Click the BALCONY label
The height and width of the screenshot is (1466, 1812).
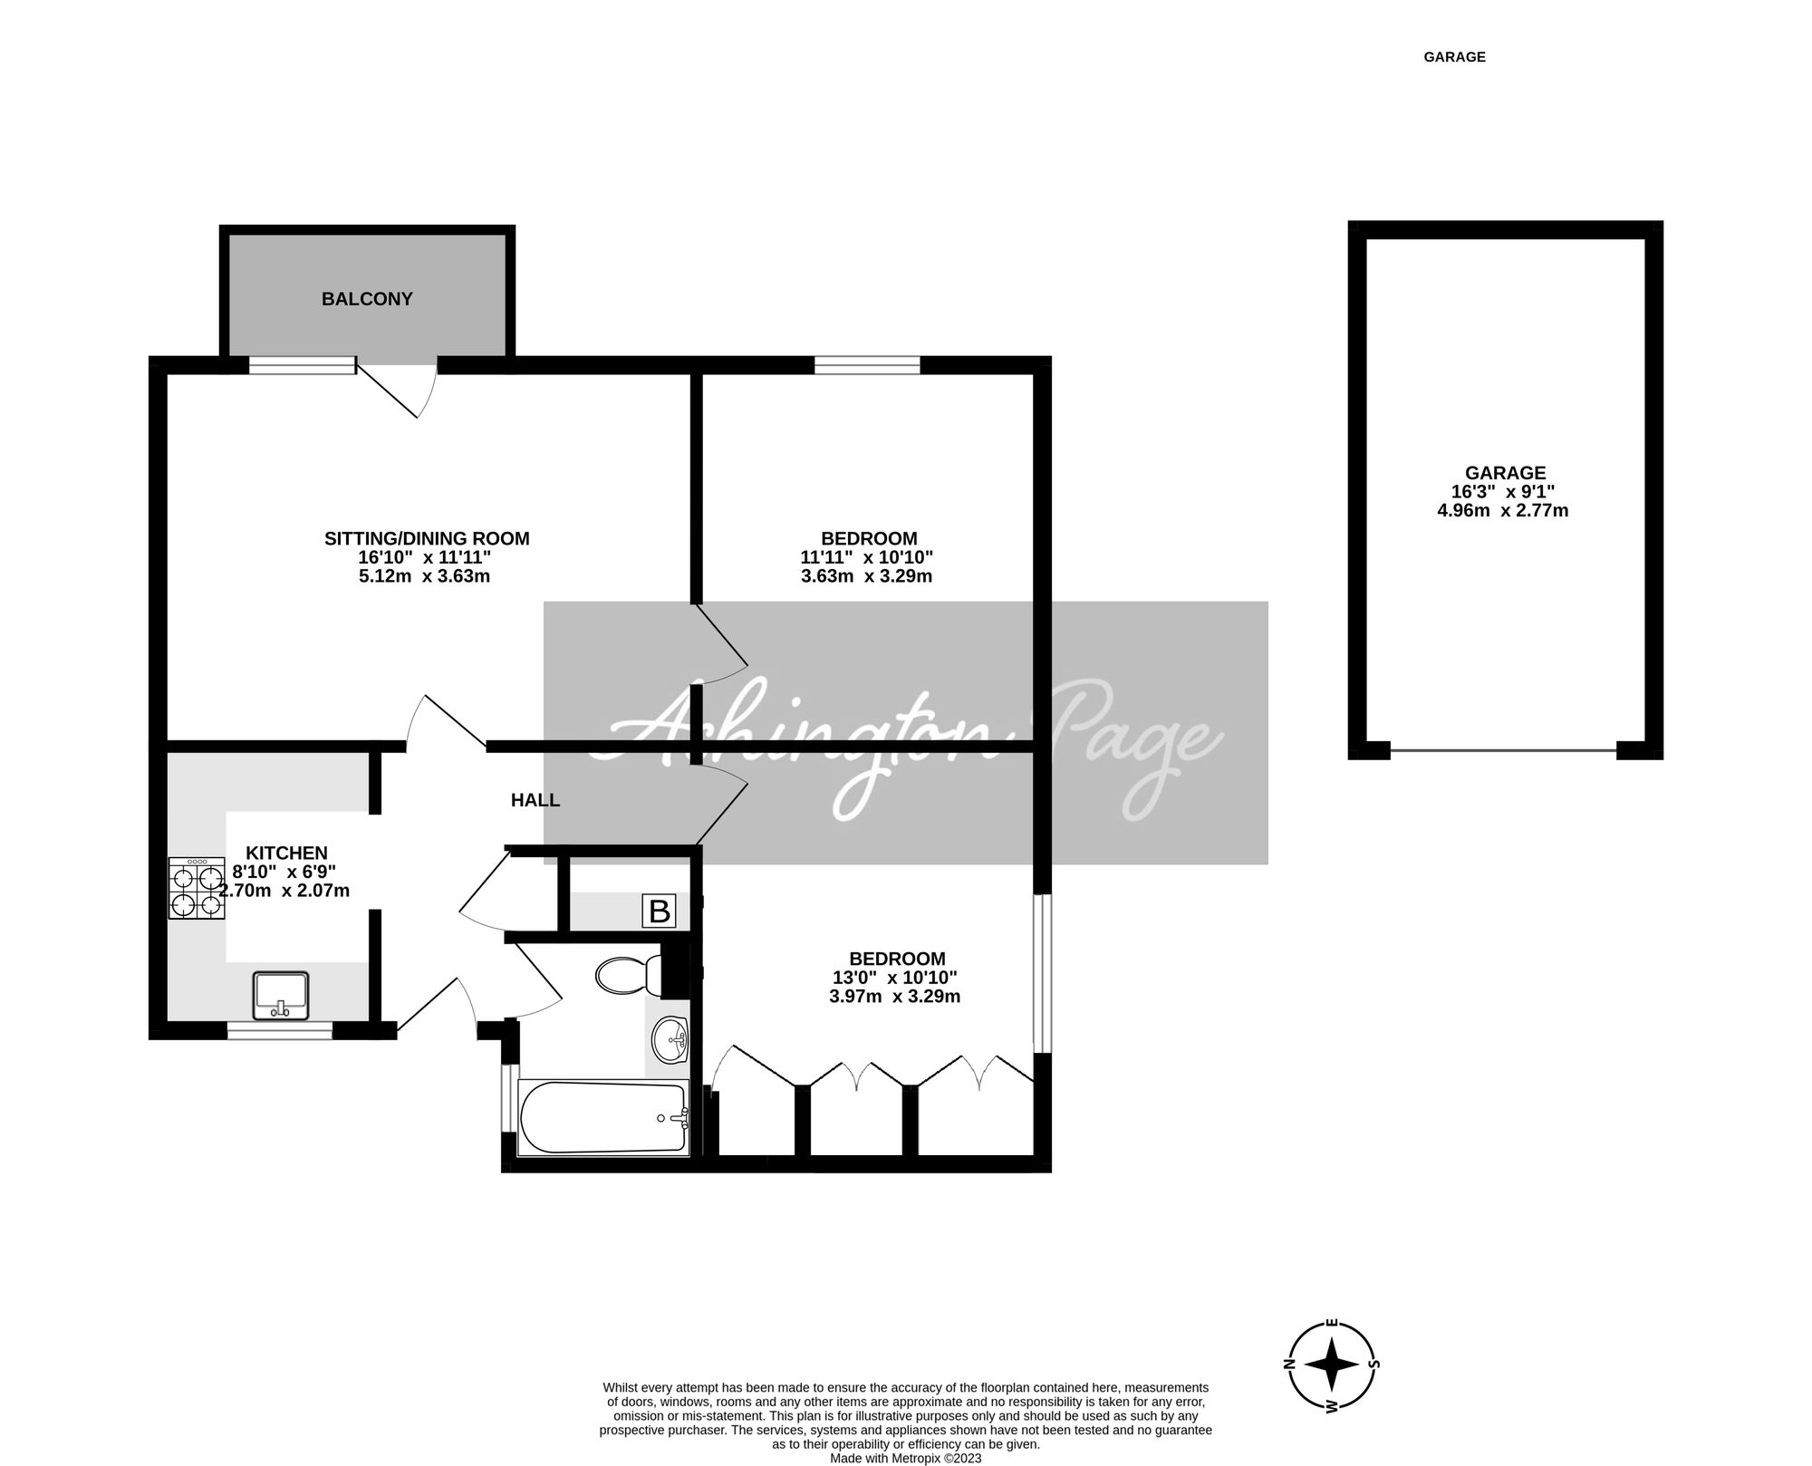[x=367, y=299]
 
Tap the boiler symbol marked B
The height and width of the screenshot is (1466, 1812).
[x=660, y=911]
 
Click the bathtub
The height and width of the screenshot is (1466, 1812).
[x=602, y=1118]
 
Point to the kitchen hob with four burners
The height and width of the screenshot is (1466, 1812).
[x=196, y=889]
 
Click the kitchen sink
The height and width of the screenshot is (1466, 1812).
[x=282, y=995]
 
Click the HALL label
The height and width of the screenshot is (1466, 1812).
[x=535, y=800]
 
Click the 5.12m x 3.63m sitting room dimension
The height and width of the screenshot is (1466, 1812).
[x=424, y=576]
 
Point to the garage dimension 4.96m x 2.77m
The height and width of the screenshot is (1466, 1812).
[x=1503, y=510]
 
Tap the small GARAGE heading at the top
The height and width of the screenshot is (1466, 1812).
[x=1454, y=57]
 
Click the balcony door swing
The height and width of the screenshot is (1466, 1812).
[x=408, y=390]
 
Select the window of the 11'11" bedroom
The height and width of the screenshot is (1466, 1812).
[x=867, y=365]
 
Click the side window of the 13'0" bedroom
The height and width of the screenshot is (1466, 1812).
[x=1042, y=974]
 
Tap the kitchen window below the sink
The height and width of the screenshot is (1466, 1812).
[x=280, y=1030]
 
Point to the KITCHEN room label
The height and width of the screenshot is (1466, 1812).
[x=286, y=853]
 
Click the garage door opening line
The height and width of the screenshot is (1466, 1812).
[x=1504, y=750]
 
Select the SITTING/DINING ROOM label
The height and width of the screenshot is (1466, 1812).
[x=427, y=538]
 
